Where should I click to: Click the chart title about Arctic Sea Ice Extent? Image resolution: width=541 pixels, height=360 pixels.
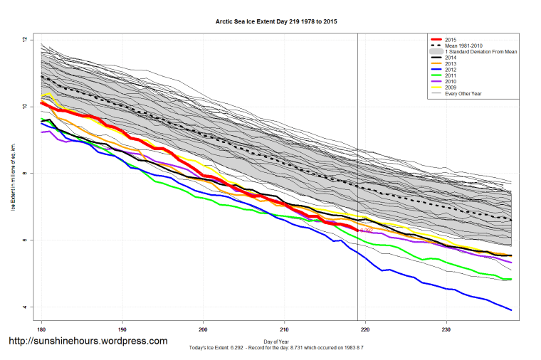click(x=276, y=22)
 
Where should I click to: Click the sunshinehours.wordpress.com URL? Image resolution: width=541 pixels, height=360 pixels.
click(x=87, y=342)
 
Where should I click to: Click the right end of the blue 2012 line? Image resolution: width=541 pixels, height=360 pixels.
click(x=511, y=310)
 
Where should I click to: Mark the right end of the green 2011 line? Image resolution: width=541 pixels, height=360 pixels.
click(x=511, y=280)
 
